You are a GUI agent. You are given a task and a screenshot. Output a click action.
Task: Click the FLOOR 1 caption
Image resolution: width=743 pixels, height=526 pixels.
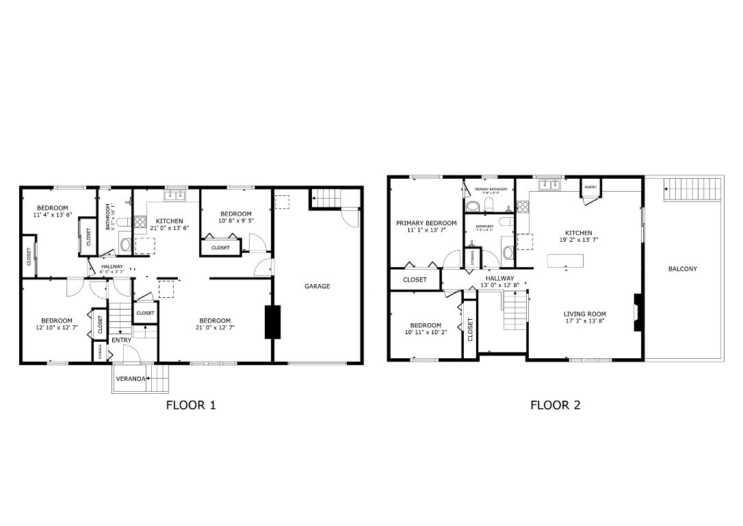[191, 405]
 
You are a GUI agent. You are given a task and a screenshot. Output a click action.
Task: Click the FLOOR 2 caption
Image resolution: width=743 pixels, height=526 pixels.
[555, 405]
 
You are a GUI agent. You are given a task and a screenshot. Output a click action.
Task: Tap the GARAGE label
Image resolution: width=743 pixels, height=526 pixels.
[317, 286]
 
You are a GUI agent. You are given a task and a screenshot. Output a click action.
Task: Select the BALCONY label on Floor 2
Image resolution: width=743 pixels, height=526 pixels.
[682, 269]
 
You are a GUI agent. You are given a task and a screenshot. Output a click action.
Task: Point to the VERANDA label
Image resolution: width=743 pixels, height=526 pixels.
[130, 379]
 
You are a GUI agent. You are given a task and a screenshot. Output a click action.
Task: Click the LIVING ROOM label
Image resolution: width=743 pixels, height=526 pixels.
[584, 314]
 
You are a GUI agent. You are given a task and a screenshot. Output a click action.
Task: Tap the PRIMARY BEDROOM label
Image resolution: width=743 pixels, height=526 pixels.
[426, 223]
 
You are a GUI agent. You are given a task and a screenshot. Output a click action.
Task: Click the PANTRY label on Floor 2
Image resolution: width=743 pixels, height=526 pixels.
[590, 186]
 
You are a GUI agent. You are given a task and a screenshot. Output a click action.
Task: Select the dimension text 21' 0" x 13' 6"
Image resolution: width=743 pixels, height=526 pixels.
[169, 228]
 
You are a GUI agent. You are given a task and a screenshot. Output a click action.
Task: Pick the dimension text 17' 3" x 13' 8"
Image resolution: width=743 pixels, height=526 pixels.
[584, 321]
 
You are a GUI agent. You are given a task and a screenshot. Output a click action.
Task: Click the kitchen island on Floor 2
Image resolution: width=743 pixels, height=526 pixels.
[565, 261]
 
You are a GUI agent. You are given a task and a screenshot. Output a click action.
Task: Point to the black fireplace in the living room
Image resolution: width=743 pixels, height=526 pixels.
[638, 313]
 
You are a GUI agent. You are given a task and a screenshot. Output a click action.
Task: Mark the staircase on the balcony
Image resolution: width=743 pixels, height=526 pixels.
[692, 186]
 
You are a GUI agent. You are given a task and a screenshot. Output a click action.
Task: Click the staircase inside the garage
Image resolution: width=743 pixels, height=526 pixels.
[327, 198]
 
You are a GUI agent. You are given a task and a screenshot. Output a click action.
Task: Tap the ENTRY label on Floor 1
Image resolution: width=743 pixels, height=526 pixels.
[121, 340]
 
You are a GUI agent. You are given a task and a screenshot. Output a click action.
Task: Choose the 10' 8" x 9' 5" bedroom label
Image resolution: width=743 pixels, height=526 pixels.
[235, 217]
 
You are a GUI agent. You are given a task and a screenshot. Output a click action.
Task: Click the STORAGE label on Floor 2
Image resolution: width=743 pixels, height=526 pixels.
[472, 257]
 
